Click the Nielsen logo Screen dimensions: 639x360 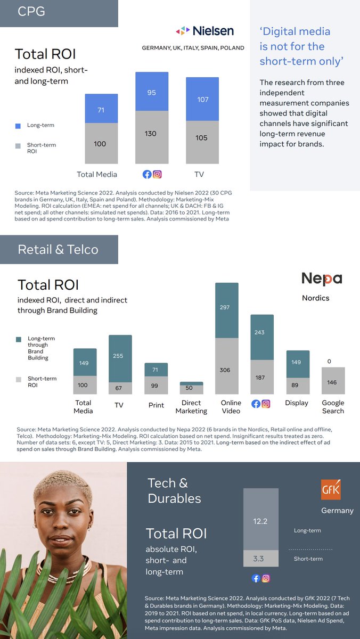(x=204, y=31)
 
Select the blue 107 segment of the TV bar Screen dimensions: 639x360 (x=202, y=99)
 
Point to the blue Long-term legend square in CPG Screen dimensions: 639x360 (x=18, y=126)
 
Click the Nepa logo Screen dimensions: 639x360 (x=322, y=278)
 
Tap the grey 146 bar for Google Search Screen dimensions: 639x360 (x=333, y=381)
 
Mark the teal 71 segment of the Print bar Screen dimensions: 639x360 (x=156, y=370)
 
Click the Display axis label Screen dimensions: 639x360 (x=297, y=403)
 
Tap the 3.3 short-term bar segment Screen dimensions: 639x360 (x=260, y=559)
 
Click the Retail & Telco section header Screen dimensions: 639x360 (x=59, y=249)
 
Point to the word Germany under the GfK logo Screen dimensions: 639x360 (x=337, y=510)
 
